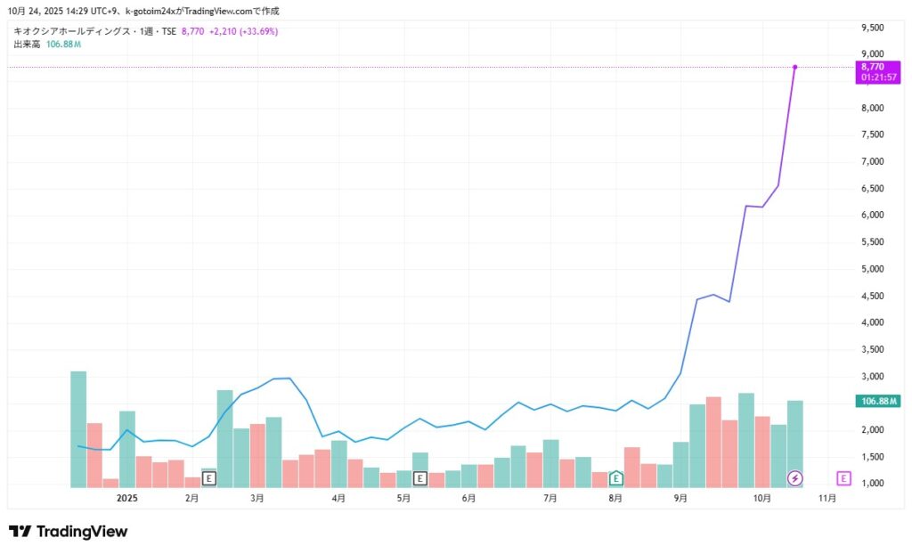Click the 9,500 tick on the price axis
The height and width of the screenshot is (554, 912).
pos(872,28)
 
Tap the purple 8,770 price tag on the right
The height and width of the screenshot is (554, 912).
pos(873,71)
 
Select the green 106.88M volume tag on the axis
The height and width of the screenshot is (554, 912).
pos(879,401)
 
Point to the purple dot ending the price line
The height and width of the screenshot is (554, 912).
pos(794,67)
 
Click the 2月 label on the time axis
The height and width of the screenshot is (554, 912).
pos(192,498)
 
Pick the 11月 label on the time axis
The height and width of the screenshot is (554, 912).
pos(827,498)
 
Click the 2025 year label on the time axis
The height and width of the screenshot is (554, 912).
pos(128,498)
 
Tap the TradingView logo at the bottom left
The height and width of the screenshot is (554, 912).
pos(69,532)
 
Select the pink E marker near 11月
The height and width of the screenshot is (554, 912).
pos(844,478)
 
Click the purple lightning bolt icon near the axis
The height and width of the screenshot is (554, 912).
pos(795,478)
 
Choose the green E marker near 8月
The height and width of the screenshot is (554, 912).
pos(615,478)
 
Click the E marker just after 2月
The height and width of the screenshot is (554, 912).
pos(209,478)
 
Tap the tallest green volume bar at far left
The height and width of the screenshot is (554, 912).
pos(78,428)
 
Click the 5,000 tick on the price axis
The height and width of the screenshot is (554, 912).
pos(872,269)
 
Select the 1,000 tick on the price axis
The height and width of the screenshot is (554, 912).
pos(872,484)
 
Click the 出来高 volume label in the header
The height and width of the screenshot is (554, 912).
pos(26,45)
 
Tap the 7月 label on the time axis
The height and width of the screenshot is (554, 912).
pos(550,498)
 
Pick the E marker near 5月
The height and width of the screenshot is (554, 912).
pos(420,478)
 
